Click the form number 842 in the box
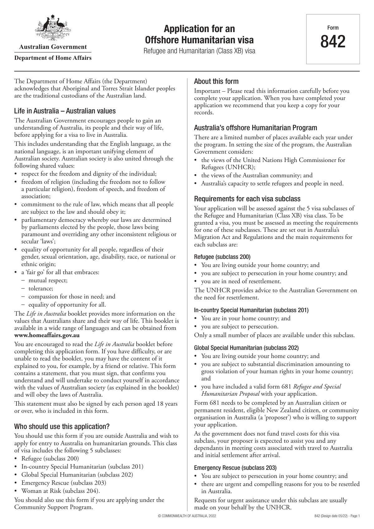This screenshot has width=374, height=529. (x=333, y=42)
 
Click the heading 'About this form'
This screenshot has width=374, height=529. (x=216, y=82)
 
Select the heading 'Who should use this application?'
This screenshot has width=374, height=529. (x=62, y=427)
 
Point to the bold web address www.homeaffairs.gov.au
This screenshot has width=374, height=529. (x=47, y=335)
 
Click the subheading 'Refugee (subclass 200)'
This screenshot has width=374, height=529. (x=222, y=257)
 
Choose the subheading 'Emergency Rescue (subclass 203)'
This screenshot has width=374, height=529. (x=235, y=468)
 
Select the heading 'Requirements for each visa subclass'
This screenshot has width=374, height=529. (x=247, y=199)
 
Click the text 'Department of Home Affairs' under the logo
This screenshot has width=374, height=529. (x=53, y=58)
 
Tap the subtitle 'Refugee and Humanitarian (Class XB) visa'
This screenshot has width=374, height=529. (x=199, y=51)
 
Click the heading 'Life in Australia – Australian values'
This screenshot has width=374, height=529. (x=65, y=111)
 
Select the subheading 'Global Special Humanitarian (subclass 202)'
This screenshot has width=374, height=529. (x=246, y=348)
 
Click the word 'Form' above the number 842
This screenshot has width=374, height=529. (x=333, y=28)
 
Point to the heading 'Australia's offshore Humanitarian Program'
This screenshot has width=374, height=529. (x=256, y=128)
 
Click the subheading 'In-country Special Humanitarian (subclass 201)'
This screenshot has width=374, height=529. (x=251, y=310)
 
